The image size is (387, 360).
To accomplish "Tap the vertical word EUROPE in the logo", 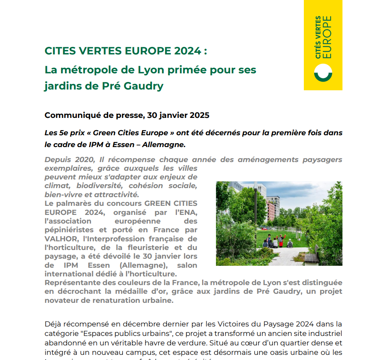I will (x=327, y=37).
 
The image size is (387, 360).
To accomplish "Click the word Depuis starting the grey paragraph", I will (x=58, y=160).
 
